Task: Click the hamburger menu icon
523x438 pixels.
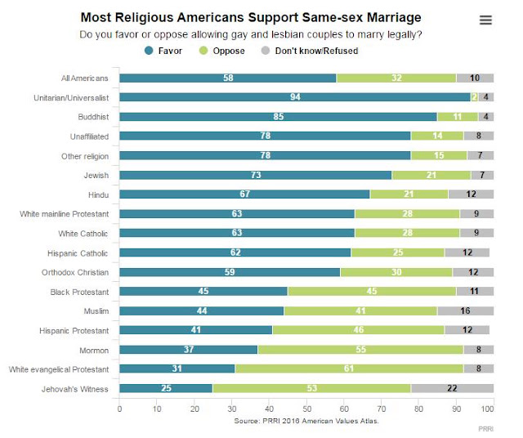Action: pos(485,20)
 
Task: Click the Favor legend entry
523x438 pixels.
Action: pos(163,51)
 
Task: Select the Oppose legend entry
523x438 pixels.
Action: pos(221,51)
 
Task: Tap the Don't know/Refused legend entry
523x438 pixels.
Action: pos(310,51)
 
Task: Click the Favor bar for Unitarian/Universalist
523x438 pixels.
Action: pos(295,97)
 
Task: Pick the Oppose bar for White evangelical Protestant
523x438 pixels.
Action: pos(349,369)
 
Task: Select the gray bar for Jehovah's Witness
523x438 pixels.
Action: pos(452,388)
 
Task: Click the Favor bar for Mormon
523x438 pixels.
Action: pos(189,349)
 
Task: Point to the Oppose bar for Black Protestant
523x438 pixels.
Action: pos(372,291)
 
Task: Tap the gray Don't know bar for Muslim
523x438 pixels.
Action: pos(465,311)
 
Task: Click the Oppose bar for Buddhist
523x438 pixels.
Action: pos(458,117)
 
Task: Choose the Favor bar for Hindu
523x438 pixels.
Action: pos(244,194)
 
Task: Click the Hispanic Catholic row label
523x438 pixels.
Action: pos(78,253)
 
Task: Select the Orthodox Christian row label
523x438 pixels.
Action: pos(75,272)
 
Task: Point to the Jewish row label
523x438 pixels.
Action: pos(96,175)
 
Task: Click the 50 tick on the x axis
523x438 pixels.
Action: pos(307,409)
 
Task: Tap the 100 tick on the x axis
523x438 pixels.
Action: pos(487,409)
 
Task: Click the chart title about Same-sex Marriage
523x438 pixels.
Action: pos(251,17)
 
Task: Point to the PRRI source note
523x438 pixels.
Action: pos(306,421)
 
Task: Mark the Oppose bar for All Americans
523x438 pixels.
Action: pos(396,78)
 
